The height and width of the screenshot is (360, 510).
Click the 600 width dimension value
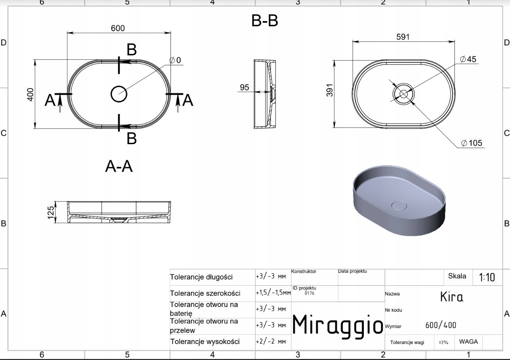tap(118, 28)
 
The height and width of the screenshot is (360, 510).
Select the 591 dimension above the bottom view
tap(403, 37)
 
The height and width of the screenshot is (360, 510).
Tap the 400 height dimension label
tap(30, 94)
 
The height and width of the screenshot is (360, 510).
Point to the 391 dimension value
tap(330, 90)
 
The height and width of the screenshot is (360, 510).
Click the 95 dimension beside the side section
tap(244, 87)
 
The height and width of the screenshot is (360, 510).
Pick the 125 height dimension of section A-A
tap(51, 213)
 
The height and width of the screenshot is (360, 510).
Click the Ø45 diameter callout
tap(468, 59)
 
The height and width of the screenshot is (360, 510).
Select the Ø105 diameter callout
tap(471, 143)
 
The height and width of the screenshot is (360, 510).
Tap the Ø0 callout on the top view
tap(175, 60)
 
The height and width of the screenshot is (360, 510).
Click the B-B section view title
tap(265, 21)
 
